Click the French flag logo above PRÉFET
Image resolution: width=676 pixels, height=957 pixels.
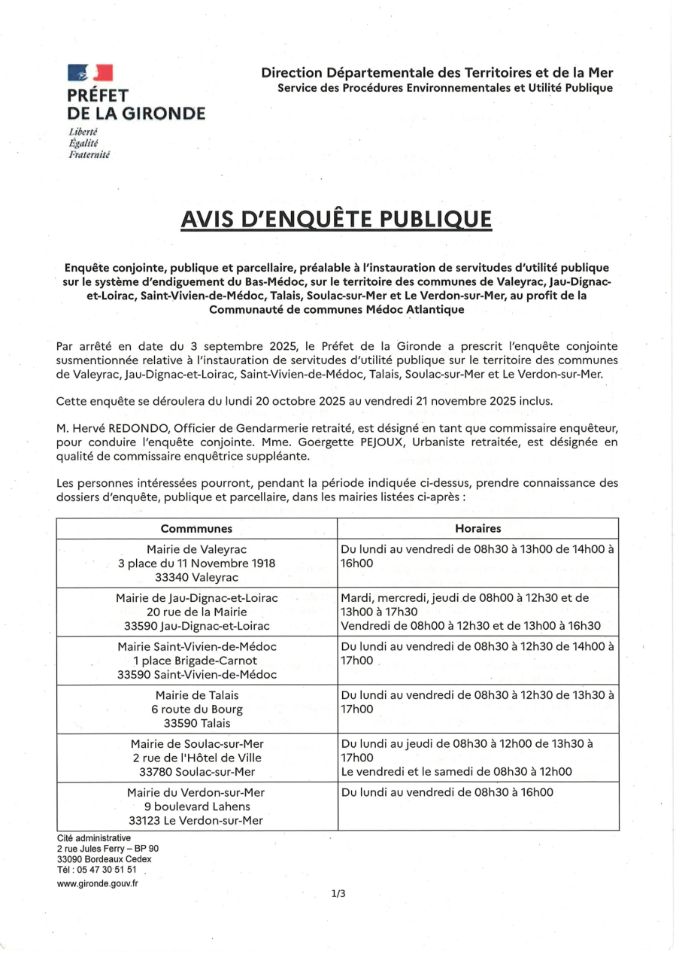pyautogui.click(x=89, y=73)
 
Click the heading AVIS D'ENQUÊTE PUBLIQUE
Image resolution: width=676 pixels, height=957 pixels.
pyautogui.click(x=337, y=220)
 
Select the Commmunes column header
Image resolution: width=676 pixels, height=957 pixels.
pyautogui.click(x=196, y=529)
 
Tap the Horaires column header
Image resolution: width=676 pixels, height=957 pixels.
pyautogui.click(x=477, y=529)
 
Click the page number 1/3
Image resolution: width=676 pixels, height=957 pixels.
pyautogui.click(x=338, y=894)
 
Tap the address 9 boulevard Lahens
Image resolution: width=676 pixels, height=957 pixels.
pyautogui.click(x=196, y=806)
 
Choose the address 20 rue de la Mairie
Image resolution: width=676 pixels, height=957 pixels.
pyautogui.click(x=196, y=612)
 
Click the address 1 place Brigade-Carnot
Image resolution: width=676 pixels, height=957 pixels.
pyautogui.click(x=196, y=661)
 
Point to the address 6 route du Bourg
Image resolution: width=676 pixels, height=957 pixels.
pyautogui.click(x=196, y=709)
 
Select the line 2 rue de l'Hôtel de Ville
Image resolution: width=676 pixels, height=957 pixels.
pyautogui.click(x=196, y=757)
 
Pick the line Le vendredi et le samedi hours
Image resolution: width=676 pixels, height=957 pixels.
pyautogui.click(x=456, y=771)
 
